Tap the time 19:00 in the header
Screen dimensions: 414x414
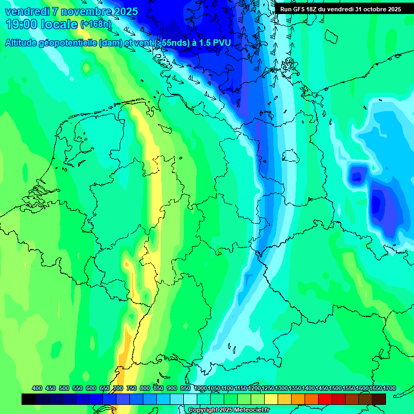[22, 24]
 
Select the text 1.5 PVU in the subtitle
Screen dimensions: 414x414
[215, 43]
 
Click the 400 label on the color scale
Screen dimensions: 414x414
[37, 388]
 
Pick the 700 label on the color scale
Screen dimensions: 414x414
[118, 388]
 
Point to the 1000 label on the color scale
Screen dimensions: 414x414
[200, 388]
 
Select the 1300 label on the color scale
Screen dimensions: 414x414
[281, 388]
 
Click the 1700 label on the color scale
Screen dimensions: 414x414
[389, 388]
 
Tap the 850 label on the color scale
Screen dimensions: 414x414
[158, 388]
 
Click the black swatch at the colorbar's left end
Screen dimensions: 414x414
[29, 399]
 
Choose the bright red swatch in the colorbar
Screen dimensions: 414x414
[325, 399]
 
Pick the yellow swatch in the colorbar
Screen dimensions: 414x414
[271, 399]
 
